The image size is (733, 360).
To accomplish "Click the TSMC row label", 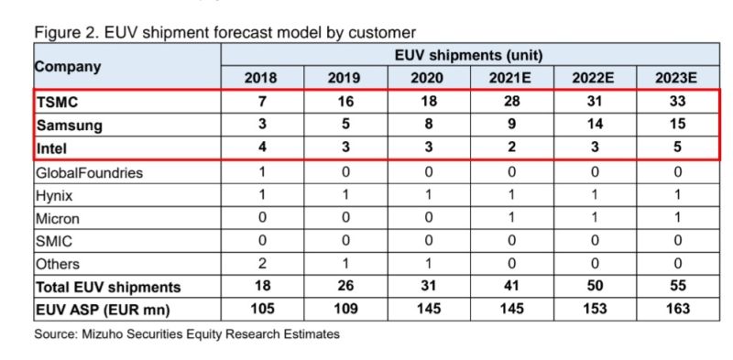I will tap(54, 102).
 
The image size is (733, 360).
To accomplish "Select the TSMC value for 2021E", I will tap(510, 102).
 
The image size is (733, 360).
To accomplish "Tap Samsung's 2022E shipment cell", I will tap(593, 124).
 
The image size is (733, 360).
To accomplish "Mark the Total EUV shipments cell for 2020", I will tap(427, 287).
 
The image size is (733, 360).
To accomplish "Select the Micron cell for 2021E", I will tap(510, 218).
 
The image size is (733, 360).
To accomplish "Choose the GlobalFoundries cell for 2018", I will tap(261, 171).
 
